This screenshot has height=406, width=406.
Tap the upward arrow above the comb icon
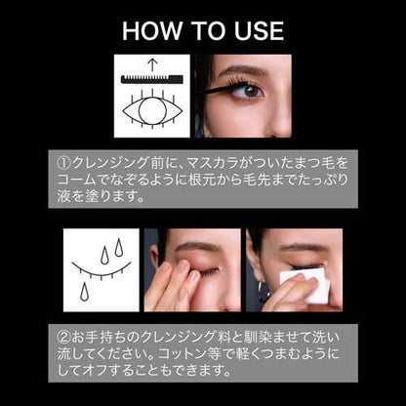pos(152,65)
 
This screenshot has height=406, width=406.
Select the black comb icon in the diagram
pos(152,79)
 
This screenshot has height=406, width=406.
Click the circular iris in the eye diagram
pos(152,110)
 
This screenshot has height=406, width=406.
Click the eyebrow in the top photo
pos(243,70)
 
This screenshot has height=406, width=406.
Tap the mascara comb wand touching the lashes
pos(215,89)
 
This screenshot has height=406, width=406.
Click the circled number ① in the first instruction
pos(63,163)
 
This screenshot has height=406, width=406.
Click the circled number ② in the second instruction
pos(63,337)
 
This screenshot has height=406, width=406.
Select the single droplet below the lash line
pos(85,292)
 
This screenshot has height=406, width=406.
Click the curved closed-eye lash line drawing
pos(101,269)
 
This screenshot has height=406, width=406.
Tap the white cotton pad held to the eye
pos(305,285)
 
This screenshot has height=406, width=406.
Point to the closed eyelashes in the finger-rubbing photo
pos(208,271)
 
